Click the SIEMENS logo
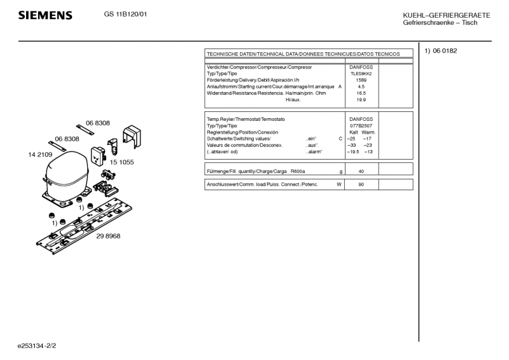point(45,15)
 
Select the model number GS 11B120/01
point(125,15)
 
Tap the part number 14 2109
point(40,154)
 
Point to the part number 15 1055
point(122,162)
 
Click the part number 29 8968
point(108,236)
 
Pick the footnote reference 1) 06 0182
point(441,51)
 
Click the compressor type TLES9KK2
point(361,74)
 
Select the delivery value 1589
point(361,80)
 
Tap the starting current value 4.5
point(361,87)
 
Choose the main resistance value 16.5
point(361,93)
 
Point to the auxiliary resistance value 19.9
point(361,100)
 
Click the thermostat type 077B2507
point(361,126)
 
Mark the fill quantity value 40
point(361,172)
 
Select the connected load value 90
point(361,184)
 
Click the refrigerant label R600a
point(298,172)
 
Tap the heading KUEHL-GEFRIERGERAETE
point(446,15)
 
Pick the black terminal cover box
point(132,135)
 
